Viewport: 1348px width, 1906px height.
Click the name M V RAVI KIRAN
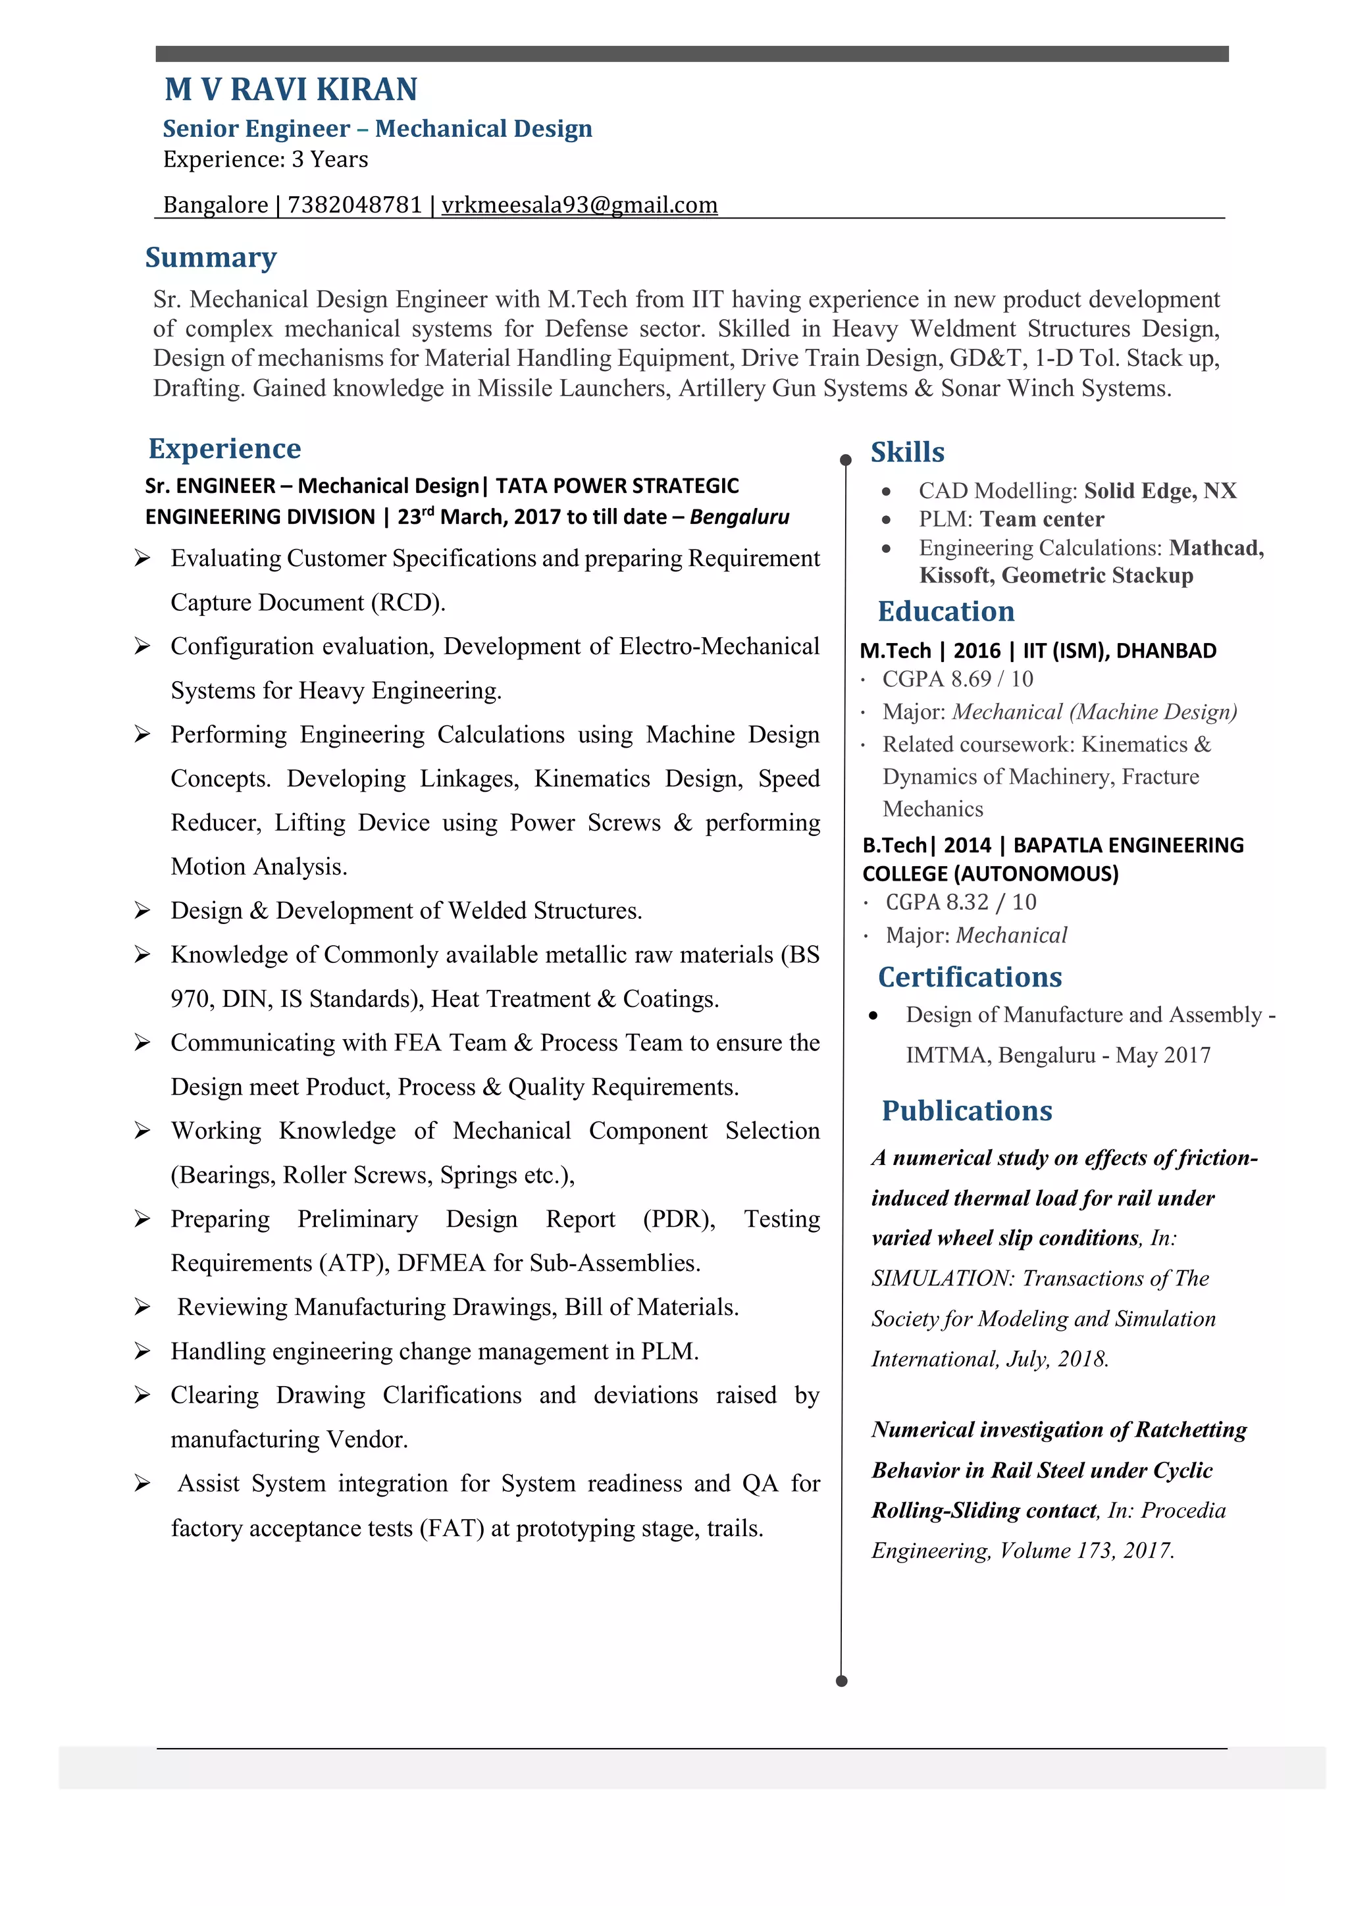click(x=290, y=90)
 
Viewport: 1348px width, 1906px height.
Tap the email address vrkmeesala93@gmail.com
click(x=579, y=205)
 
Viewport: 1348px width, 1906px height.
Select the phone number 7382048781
click(x=354, y=205)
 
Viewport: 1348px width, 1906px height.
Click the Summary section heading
click(x=211, y=257)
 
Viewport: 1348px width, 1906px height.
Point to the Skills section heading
click(x=907, y=452)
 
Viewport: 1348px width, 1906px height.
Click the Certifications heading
click(x=970, y=977)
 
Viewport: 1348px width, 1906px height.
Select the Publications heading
click(x=967, y=1111)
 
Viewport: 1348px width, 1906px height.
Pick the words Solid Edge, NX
click(x=1160, y=490)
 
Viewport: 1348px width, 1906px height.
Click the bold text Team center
click(x=1042, y=520)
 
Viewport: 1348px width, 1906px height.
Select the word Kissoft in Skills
click(x=956, y=575)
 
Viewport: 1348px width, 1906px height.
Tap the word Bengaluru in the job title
click(x=740, y=517)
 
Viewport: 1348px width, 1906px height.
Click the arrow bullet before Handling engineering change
click(x=142, y=1351)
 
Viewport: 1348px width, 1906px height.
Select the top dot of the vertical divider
click(x=846, y=460)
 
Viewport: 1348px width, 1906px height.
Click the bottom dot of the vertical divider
click(x=842, y=1681)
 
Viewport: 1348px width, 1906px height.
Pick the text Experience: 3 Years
click(x=266, y=159)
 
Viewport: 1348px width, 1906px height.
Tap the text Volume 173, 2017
click(x=1087, y=1551)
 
